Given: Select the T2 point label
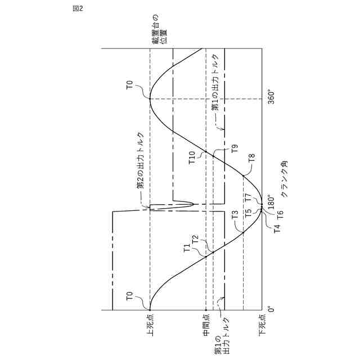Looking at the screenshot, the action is (196, 240).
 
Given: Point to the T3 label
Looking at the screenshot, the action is (235, 215).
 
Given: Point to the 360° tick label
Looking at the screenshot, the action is (270, 98).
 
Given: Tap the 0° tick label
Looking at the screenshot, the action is (270, 310).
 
